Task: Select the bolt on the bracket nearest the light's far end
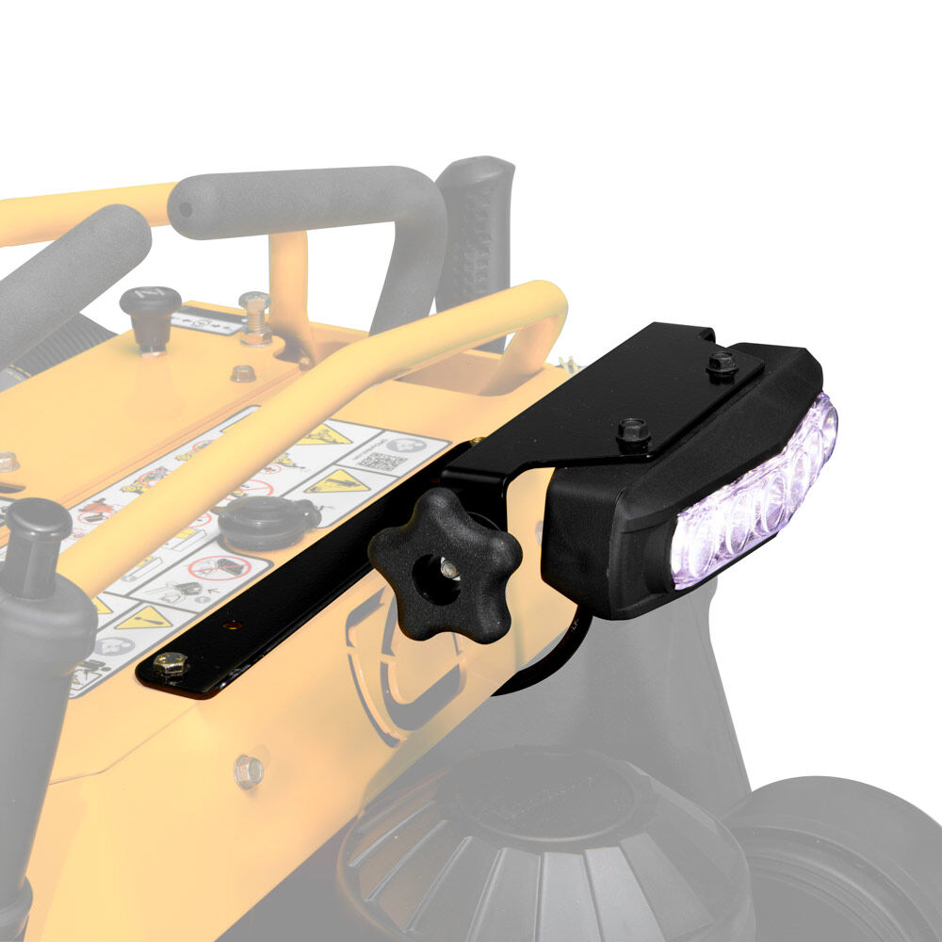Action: coord(723,362)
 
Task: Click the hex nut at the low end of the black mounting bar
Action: coord(170,665)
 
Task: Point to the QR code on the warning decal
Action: coord(377,462)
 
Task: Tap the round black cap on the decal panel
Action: coord(268,520)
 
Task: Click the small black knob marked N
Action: coord(150,316)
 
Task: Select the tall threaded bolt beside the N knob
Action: coord(254,317)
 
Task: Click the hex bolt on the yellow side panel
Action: coord(248,771)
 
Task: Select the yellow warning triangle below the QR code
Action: coord(337,482)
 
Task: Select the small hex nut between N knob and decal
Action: coord(243,373)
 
